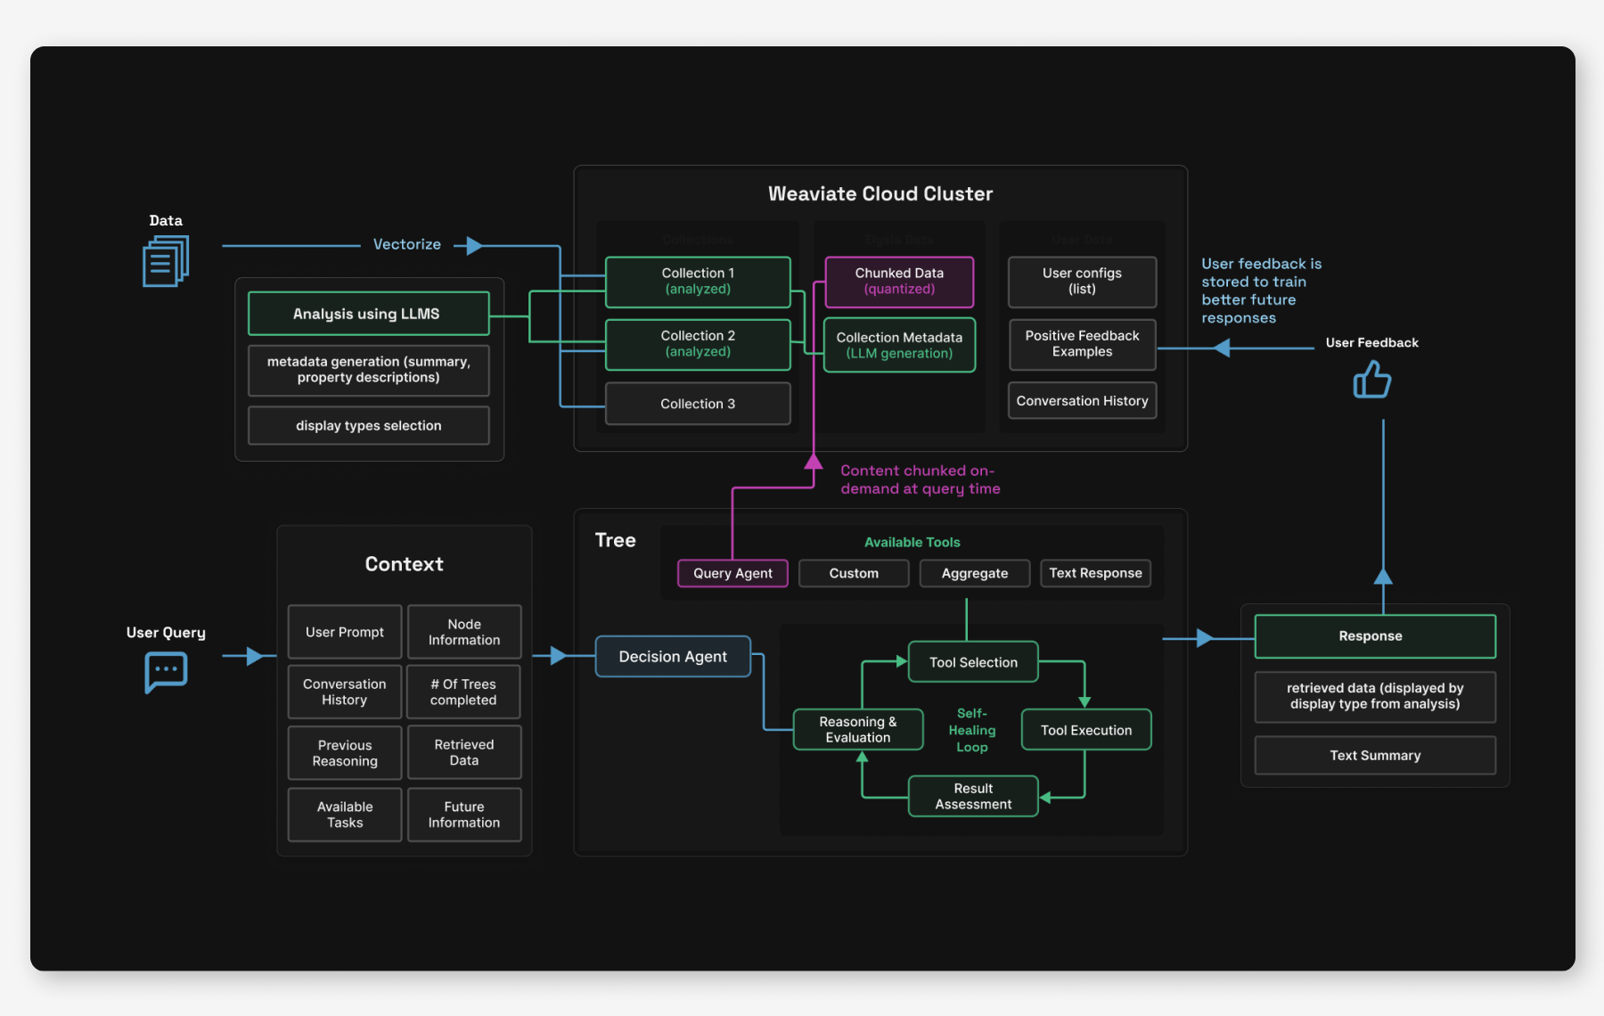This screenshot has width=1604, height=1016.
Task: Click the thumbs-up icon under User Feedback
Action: (1371, 381)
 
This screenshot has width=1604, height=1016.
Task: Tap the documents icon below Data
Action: (166, 261)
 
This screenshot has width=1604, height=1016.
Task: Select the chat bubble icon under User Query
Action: (166, 671)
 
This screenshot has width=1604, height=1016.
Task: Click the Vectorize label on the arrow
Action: (406, 244)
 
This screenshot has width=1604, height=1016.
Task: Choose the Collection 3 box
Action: (698, 404)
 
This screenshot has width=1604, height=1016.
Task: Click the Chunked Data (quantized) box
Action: (899, 281)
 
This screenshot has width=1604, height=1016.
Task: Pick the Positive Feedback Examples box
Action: (1082, 344)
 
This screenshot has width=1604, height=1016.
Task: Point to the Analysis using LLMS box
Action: (368, 314)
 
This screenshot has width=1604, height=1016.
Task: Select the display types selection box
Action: (368, 426)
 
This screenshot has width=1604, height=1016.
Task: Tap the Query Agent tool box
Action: (732, 573)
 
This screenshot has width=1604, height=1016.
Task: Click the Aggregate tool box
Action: (974, 573)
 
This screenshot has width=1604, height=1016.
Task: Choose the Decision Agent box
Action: (673, 657)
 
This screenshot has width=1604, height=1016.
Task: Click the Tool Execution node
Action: (1085, 730)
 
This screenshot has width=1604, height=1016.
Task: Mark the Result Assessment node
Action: (973, 796)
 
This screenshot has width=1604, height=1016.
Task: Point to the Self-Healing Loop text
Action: (971, 730)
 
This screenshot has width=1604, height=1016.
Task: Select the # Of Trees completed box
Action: (463, 692)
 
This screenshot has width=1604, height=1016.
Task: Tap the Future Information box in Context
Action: (463, 815)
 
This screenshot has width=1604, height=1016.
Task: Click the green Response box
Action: (1374, 636)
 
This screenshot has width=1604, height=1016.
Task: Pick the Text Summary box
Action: (1374, 756)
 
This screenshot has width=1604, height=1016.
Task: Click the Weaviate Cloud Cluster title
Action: (880, 193)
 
